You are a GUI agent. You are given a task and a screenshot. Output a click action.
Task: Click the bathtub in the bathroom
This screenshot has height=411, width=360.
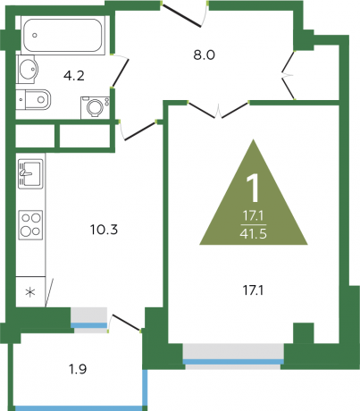pos(63,35)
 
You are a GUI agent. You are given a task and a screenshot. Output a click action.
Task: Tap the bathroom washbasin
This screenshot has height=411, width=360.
pos(28,70)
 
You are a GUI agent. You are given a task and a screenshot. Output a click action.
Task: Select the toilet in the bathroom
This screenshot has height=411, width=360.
pos(34,99)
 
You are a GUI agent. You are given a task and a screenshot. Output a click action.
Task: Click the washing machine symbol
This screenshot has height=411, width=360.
pos(96,107)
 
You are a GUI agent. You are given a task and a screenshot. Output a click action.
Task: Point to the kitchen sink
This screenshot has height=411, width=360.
pos(30,174)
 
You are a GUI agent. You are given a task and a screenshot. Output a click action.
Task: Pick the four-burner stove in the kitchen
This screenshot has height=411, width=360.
pos(30,225)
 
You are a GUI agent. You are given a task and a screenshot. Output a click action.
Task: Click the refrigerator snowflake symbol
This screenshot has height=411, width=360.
pos(30,292)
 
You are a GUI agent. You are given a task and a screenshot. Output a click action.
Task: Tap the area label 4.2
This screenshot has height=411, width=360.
pos(74,76)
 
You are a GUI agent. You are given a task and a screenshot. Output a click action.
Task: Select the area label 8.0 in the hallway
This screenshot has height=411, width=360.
pos(204,55)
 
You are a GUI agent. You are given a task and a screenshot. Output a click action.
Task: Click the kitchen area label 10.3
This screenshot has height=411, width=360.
pos(104,230)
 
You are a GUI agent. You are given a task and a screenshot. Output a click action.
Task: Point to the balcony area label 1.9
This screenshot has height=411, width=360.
pos(78,369)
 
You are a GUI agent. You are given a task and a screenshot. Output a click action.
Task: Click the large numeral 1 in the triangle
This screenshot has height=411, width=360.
pos(253,189)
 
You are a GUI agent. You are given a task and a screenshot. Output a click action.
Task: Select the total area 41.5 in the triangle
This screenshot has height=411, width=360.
pos(253,234)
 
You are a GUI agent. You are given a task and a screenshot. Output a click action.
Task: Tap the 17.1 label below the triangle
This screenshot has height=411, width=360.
pos(253,290)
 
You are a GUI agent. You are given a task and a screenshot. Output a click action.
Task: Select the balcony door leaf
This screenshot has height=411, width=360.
pos(126,322)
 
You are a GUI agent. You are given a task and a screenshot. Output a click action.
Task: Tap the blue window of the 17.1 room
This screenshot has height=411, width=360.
pos(233,362)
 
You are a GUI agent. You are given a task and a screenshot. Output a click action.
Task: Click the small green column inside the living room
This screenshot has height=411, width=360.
pos(304,333)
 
